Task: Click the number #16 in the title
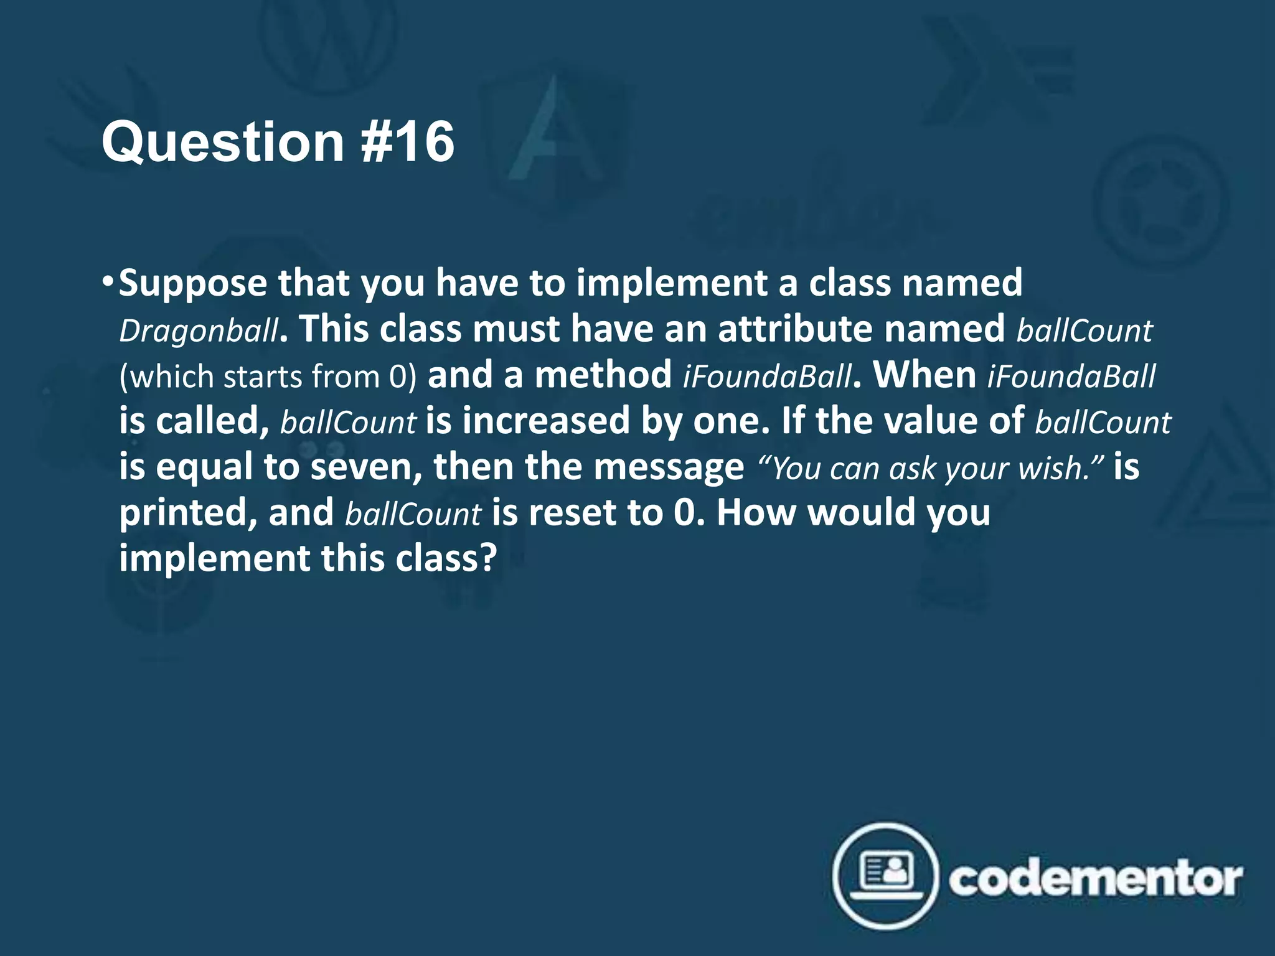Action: pyautogui.click(x=408, y=143)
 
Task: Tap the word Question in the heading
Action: pyautogui.click(x=223, y=143)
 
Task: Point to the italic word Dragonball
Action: pyautogui.click(x=199, y=330)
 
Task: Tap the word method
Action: pyautogui.click(x=602, y=375)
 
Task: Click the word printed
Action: pyautogui.click(x=187, y=513)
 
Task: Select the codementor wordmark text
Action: pyautogui.click(x=1095, y=878)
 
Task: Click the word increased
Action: pyautogui.click(x=546, y=421)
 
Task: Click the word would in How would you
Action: pyautogui.click(x=860, y=513)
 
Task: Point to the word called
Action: pyautogui.click(x=211, y=421)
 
